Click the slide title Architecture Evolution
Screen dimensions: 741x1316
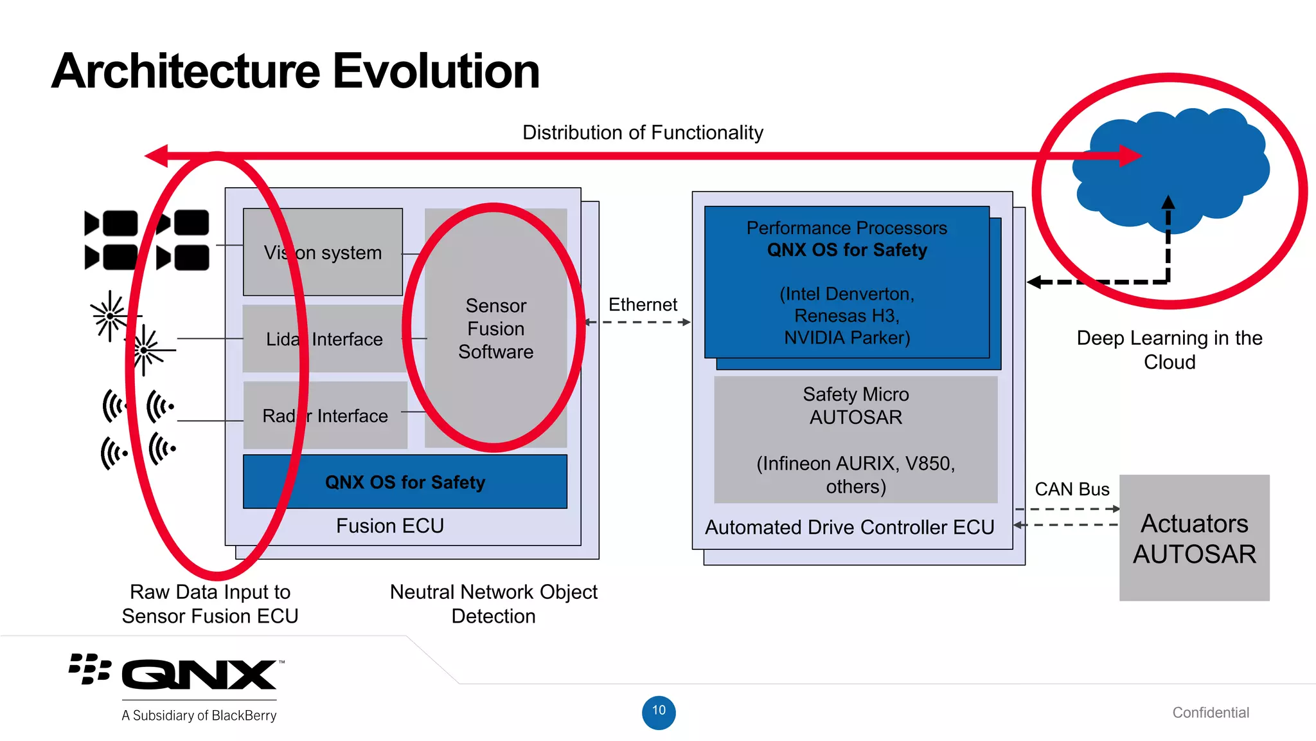(295, 71)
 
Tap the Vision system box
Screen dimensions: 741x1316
(323, 252)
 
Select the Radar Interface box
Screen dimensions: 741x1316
(325, 416)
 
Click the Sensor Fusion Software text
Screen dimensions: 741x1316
(495, 329)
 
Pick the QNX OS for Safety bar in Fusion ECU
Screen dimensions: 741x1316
(405, 482)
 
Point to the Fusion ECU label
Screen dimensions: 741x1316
(389, 526)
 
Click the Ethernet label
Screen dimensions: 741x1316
(642, 304)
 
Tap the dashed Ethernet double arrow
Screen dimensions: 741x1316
(637, 322)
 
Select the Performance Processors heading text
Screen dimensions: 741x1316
(846, 228)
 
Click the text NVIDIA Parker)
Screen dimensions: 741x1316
(846, 338)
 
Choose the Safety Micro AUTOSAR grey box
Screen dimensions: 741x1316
(855, 440)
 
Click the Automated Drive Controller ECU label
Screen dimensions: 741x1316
(849, 527)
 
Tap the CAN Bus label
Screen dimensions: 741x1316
(1071, 489)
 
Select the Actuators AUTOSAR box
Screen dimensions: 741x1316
(1194, 538)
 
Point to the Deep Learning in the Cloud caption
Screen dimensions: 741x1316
(1169, 349)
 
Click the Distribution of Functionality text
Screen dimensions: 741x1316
(642, 133)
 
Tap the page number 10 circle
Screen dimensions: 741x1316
(659, 712)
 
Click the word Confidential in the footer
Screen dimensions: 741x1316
(1210, 712)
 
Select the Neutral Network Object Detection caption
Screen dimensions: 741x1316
(493, 603)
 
